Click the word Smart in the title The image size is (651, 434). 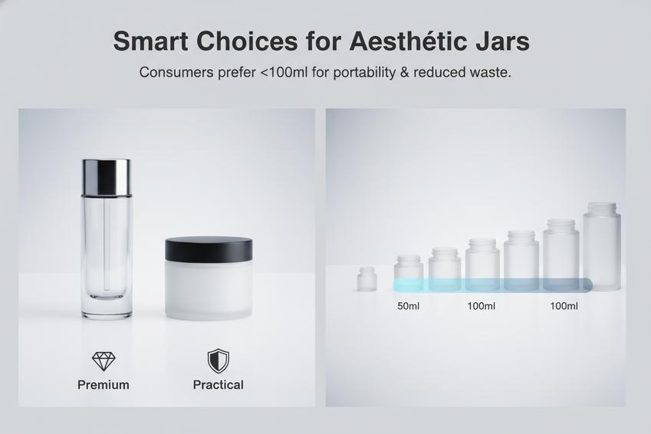coord(151,41)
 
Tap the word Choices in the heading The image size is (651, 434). coord(248,41)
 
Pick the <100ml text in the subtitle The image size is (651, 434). coord(284,72)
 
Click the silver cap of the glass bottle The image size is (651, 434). coord(107,177)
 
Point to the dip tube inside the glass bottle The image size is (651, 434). coord(107,246)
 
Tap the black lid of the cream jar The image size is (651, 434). coord(209,249)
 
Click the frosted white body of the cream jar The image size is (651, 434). coord(209,291)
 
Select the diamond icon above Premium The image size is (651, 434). coord(104,361)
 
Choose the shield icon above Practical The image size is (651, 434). coord(219,361)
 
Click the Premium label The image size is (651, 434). coord(104,385)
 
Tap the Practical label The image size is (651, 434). coord(219,385)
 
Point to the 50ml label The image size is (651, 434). coord(408,306)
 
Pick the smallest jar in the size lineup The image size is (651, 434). coord(367,278)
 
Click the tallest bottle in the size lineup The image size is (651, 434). coord(602,246)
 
